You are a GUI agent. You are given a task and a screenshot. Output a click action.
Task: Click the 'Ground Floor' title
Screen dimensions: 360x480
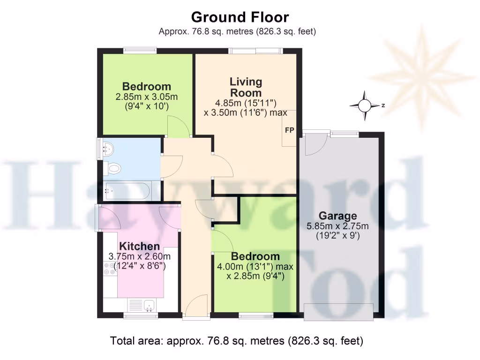click(240, 17)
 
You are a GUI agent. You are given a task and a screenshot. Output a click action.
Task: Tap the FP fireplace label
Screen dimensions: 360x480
click(289, 130)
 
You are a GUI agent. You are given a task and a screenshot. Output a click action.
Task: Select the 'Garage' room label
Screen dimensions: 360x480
click(337, 216)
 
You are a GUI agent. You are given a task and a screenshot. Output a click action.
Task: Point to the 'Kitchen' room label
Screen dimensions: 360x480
click(139, 247)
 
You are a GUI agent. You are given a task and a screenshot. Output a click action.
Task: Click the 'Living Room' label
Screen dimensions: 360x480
click(246, 87)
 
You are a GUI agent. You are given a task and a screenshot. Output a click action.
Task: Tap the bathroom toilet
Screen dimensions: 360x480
click(113, 167)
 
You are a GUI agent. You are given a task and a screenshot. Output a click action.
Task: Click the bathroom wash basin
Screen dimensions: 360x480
click(107, 149)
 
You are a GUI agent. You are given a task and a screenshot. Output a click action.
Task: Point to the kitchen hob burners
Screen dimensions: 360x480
click(109, 268)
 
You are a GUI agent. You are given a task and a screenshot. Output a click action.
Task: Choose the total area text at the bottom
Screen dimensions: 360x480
click(236, 341)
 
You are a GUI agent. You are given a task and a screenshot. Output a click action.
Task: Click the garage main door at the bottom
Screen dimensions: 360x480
click(338, 312)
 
